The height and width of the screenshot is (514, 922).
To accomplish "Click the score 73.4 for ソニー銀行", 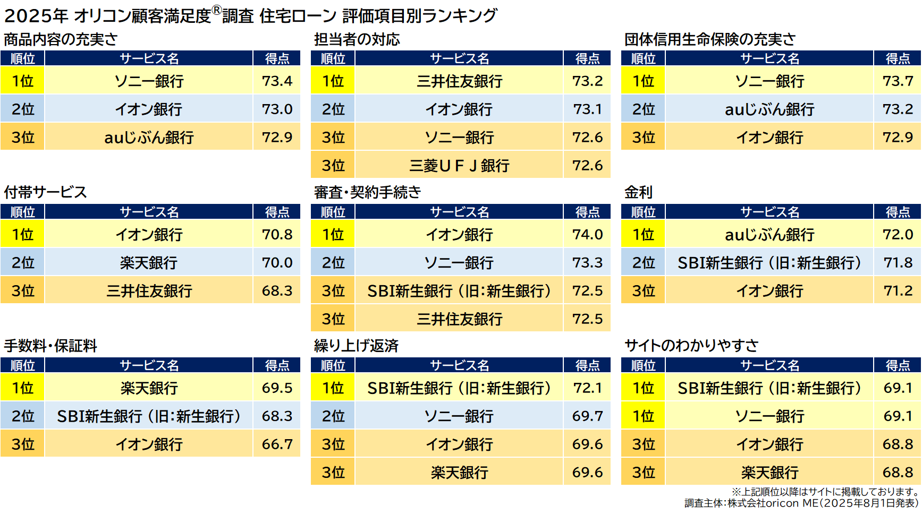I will point(277,81).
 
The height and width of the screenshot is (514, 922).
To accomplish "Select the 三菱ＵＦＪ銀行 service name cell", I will point(459,166).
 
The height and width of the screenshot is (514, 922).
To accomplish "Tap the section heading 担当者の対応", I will point(357,39).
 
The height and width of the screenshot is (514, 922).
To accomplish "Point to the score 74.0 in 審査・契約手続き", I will point(587,234).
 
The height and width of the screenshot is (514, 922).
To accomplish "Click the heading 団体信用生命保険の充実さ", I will point(709,39).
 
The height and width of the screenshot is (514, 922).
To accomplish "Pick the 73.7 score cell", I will point(898,81).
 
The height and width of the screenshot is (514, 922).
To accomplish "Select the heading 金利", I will point(638,192).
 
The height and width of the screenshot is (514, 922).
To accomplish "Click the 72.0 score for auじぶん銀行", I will point(898,234).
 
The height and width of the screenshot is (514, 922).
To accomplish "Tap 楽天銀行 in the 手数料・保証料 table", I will point(149,388).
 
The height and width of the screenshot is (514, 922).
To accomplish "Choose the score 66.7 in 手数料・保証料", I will point(277,444).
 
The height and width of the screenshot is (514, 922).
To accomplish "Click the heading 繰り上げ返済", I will point(356,346).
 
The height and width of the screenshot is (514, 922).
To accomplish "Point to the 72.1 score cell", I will point(587,388).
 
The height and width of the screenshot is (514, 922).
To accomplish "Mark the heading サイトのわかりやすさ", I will point(691,346).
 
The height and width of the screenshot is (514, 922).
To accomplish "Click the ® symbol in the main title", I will point(216,10).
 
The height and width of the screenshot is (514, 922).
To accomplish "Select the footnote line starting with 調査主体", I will point(801,503).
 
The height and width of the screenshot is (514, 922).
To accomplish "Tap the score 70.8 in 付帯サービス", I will point(277,234).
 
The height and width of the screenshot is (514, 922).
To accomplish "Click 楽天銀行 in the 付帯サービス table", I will point(149,263).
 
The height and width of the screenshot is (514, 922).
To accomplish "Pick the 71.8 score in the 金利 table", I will point(898,262).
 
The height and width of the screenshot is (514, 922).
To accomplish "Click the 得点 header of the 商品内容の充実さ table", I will point(277,58).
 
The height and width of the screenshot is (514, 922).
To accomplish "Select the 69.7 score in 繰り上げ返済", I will point(587,416).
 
